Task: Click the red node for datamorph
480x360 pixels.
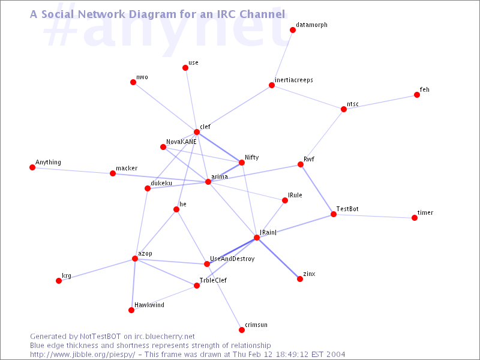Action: (x=293, y=30)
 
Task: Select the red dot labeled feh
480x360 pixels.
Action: (x=416, y=95)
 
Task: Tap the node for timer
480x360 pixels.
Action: (x=415, y=218)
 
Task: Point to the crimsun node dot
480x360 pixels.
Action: (x=242, y=329)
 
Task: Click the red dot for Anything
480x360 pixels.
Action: (x=32, y=167)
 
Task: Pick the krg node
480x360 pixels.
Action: (x=59, y=281)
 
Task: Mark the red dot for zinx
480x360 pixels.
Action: (x=300, y=279)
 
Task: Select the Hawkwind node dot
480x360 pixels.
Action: (x=131, y=310)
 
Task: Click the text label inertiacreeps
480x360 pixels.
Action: (x=294, y=80)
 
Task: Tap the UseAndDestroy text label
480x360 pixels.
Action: (x=232, y=259)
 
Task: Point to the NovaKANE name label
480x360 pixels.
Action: (x=181, y=142)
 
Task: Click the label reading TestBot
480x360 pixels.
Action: (x=347, y=209)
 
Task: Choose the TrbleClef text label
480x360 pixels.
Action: (x=213, y=280)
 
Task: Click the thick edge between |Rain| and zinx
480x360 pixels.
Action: (x=278, y=259)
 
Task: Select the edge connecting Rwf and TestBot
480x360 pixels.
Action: (x=317, y=189)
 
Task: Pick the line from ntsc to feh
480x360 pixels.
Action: (x=380, y=102)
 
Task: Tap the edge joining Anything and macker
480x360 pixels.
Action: (x=72, y=170)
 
